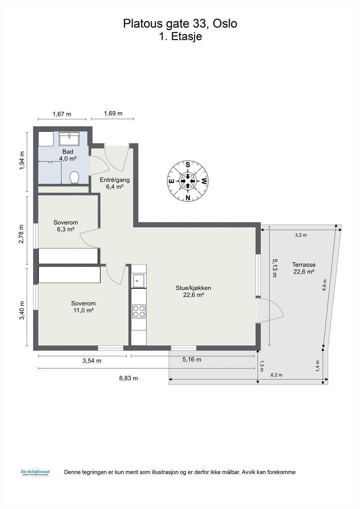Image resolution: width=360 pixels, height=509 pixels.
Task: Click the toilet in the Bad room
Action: tap(74, 178)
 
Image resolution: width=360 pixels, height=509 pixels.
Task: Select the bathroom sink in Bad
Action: tap(69, 139)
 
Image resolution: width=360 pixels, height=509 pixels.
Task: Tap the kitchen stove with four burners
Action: tap(139, 311)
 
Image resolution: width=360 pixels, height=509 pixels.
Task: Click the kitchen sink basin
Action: tap(138, 281)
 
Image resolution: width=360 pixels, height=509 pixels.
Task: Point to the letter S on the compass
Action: tap(188, 165)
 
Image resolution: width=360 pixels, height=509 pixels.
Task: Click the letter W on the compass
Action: tap(204, 182)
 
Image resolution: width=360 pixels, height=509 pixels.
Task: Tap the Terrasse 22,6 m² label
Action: tap(304, 268)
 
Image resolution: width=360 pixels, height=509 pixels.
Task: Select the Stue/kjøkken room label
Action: tap(194, 291)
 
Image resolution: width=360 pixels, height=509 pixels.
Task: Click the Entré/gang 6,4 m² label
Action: tap(115, 183)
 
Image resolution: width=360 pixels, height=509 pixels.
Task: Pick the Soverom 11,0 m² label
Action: tap(83, 307)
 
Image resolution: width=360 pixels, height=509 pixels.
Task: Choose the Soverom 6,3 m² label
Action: tap(66, 226)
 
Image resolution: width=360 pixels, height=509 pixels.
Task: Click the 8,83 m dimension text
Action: tap(129, 378)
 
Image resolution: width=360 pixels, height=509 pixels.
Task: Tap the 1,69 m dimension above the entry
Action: tap(113, 113)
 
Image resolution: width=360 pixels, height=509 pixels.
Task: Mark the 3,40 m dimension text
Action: tap(22, 310)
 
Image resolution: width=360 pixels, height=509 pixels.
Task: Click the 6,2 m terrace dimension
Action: tap(276, 375)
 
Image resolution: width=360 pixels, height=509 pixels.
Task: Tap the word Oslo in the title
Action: tap(225, 24)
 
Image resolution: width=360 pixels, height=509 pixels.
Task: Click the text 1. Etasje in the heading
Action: tap(180, 36)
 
